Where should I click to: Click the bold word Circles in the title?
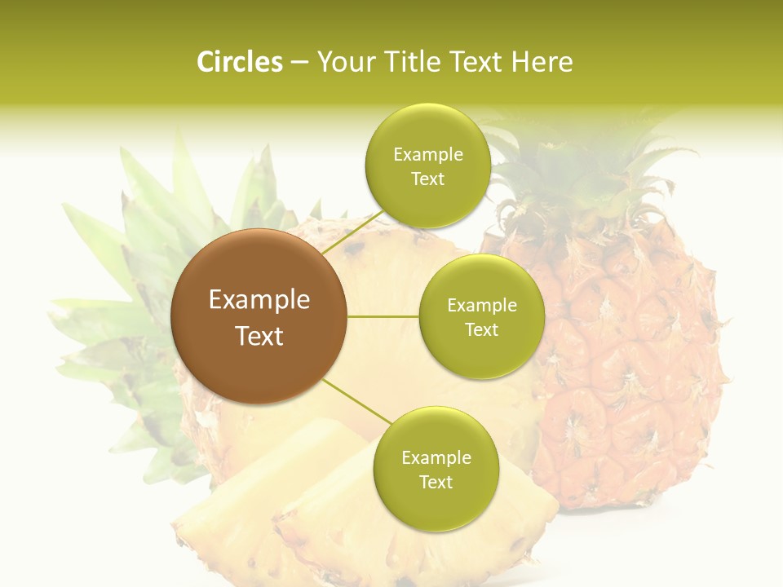[239, 62]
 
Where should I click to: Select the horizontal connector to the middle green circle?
[383, 316]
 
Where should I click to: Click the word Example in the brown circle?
[259, 300]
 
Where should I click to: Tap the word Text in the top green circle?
[427, 179]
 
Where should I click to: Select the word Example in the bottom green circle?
[436, 458]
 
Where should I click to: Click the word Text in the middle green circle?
[481, 330]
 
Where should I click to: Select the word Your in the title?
[342, 62]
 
